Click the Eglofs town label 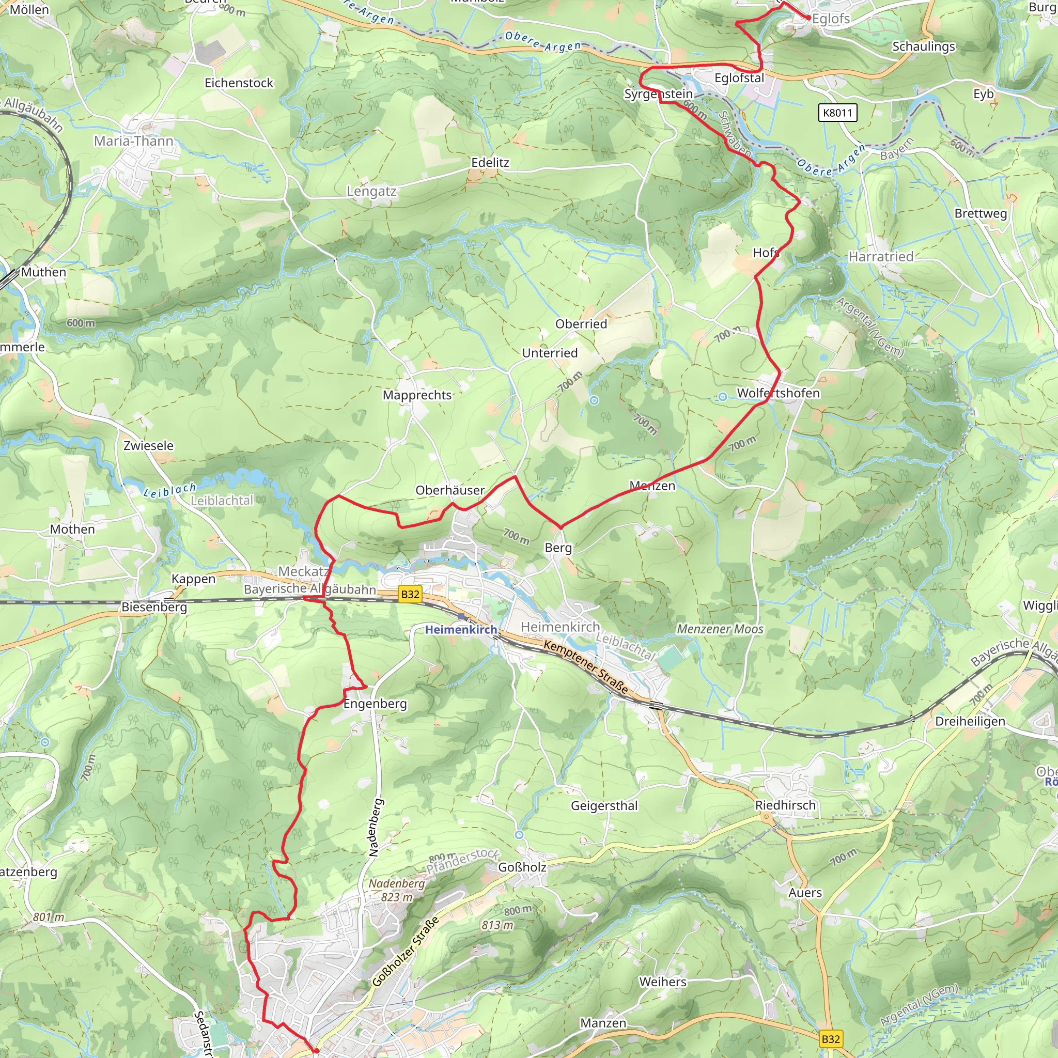(831, 19)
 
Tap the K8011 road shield (838, 113)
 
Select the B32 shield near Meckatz (410, 594)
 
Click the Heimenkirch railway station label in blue (461, 630)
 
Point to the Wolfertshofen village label (778, 393)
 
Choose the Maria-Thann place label (134, 141)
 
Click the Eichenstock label (239, 83)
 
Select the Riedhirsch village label (785, 805)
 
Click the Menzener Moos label (720, 629)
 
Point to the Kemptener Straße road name (586, 666)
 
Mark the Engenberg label (375, 704)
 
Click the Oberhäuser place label (450, 491)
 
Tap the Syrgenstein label (659, 94)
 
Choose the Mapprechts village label (417, 395)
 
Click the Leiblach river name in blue (170, 490)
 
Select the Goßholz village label (522, 867)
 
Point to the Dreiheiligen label (970, 721)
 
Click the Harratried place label (881, 257)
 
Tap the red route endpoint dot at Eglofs (809, 18)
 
